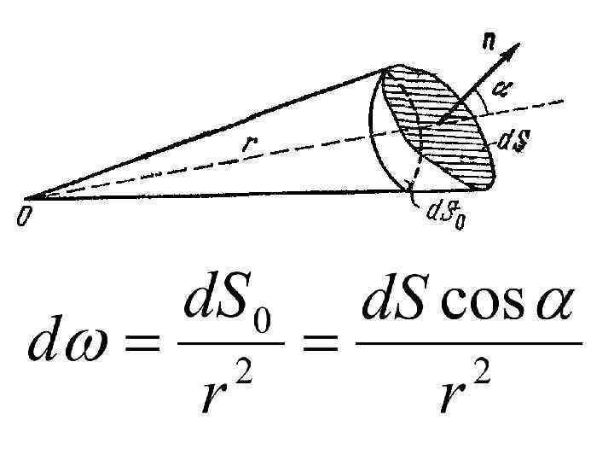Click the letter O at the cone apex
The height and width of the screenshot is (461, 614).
(x=23, y=218)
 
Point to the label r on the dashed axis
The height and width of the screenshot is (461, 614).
(x=247, y=145)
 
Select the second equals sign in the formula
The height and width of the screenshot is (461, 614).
(x=319, y=344)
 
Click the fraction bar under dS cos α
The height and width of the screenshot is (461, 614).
(x=467, y=344)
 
